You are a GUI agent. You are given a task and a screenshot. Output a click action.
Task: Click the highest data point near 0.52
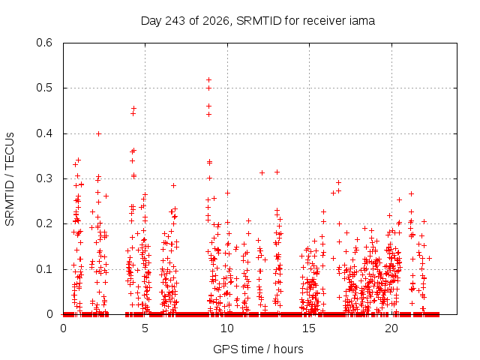[208, 80]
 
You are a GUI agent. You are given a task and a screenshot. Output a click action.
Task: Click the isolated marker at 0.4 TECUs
[98, 133]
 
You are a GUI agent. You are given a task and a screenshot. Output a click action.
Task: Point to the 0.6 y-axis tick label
[44, 43]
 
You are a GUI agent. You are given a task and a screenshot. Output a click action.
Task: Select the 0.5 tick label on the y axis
[44, 88]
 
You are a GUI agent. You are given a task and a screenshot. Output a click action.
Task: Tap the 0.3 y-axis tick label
[44, 178]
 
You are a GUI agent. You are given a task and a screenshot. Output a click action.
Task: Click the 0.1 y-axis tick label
[44, 269]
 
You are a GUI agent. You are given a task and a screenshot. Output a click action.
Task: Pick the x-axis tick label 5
[145, 328]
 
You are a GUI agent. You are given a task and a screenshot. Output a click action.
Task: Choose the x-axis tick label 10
[226, 328]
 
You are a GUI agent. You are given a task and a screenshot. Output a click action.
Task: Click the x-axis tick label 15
[309, 328]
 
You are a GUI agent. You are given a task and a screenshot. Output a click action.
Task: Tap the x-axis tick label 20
[391, 328]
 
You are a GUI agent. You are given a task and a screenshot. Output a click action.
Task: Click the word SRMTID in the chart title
[259, 21]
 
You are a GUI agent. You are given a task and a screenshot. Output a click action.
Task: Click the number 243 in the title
[175, 21]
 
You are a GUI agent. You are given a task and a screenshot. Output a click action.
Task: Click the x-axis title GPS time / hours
[258, 349]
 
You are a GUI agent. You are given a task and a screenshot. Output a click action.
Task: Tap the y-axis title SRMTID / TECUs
[10, 179]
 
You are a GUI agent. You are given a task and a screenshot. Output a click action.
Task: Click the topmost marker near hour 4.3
[133, 108]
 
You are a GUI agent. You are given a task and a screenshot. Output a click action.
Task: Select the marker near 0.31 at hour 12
[262, 173]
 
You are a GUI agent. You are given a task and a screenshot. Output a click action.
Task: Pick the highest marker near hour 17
[338, 183]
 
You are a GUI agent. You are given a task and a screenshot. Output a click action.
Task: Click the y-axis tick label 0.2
[44, 223]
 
